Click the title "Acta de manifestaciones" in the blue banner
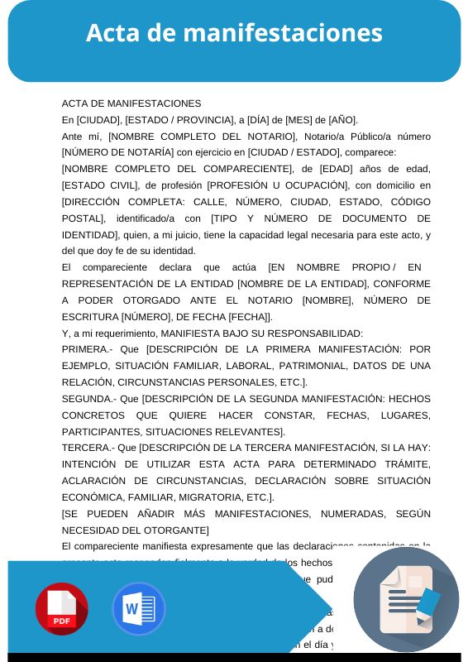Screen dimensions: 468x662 coord(234,33)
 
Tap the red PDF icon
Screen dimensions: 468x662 coord(61,609)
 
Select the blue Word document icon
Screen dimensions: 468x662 coord(138,609)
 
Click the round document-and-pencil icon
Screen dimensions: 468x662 coord(405,600)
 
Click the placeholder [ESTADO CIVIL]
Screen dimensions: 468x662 coord(97,185)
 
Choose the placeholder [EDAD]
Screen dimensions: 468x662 coord(320,169)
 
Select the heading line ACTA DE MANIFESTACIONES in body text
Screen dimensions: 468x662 coord(131,103)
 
